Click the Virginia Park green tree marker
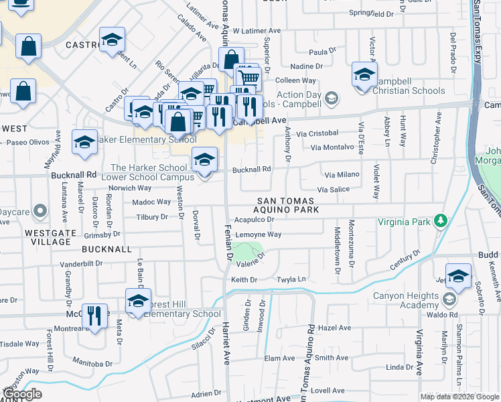point(440,220)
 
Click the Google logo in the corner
point(21,394)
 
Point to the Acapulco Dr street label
point(255,220)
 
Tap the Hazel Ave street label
point(335,328)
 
